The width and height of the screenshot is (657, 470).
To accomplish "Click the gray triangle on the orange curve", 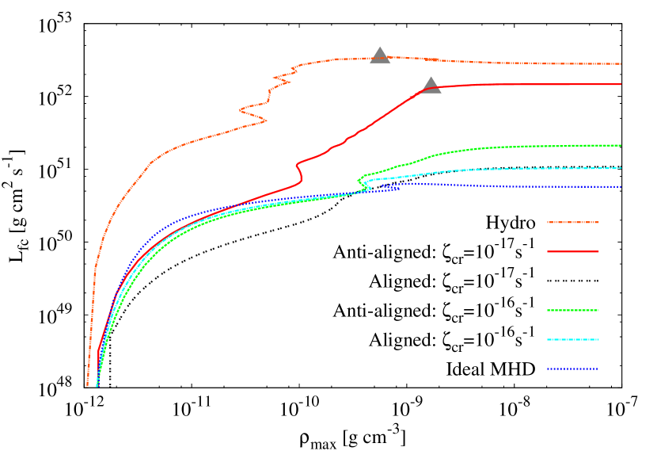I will [380, 55].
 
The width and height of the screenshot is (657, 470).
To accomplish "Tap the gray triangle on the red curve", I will [431, 86].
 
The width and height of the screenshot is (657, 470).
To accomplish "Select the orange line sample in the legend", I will [572, 223].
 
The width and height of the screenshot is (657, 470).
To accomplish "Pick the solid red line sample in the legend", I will [572, 252].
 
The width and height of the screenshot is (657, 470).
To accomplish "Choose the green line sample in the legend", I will [572, 311].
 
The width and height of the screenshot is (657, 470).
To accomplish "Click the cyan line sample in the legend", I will [572, 340].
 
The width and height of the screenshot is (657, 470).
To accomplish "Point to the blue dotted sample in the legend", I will [572, 369].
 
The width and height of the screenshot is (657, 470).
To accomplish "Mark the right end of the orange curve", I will [621, 63].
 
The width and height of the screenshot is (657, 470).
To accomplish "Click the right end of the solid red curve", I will [621, 84].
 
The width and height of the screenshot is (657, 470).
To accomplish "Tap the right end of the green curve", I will [621, 146].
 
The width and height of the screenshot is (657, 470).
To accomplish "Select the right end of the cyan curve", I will [621, 168].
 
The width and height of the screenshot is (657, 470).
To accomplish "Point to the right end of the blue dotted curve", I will [621, 187].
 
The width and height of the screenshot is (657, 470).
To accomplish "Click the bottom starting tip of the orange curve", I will [88, 385].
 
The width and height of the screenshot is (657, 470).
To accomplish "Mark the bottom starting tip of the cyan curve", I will [97, 386].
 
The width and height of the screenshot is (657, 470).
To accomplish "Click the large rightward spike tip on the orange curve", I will [266, 120].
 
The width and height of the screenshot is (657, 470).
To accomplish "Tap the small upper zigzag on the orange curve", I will [282, 78].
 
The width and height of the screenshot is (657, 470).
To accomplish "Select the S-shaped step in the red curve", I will [298, 170].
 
